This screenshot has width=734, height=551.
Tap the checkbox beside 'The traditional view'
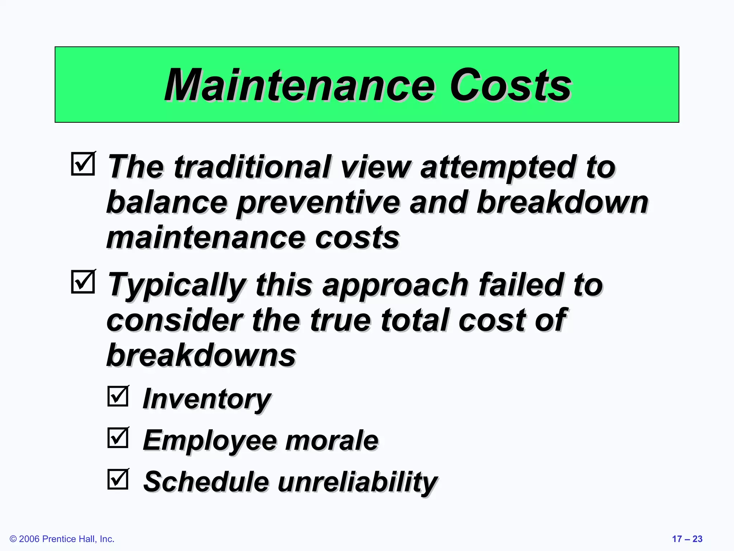click(x=83, y=164)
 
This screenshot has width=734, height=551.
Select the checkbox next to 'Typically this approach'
click(x=83, y=282)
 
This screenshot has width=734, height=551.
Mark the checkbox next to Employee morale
click(x=118, y=437)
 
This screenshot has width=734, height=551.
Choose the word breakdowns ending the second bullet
click(x=201, y=355)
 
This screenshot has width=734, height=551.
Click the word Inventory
click(x=207, y=399)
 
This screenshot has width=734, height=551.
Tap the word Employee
click(x=210, y=441)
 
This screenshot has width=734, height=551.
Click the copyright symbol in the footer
click(x=13, y=539)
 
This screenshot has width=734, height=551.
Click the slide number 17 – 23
click(x=687, y=539)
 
